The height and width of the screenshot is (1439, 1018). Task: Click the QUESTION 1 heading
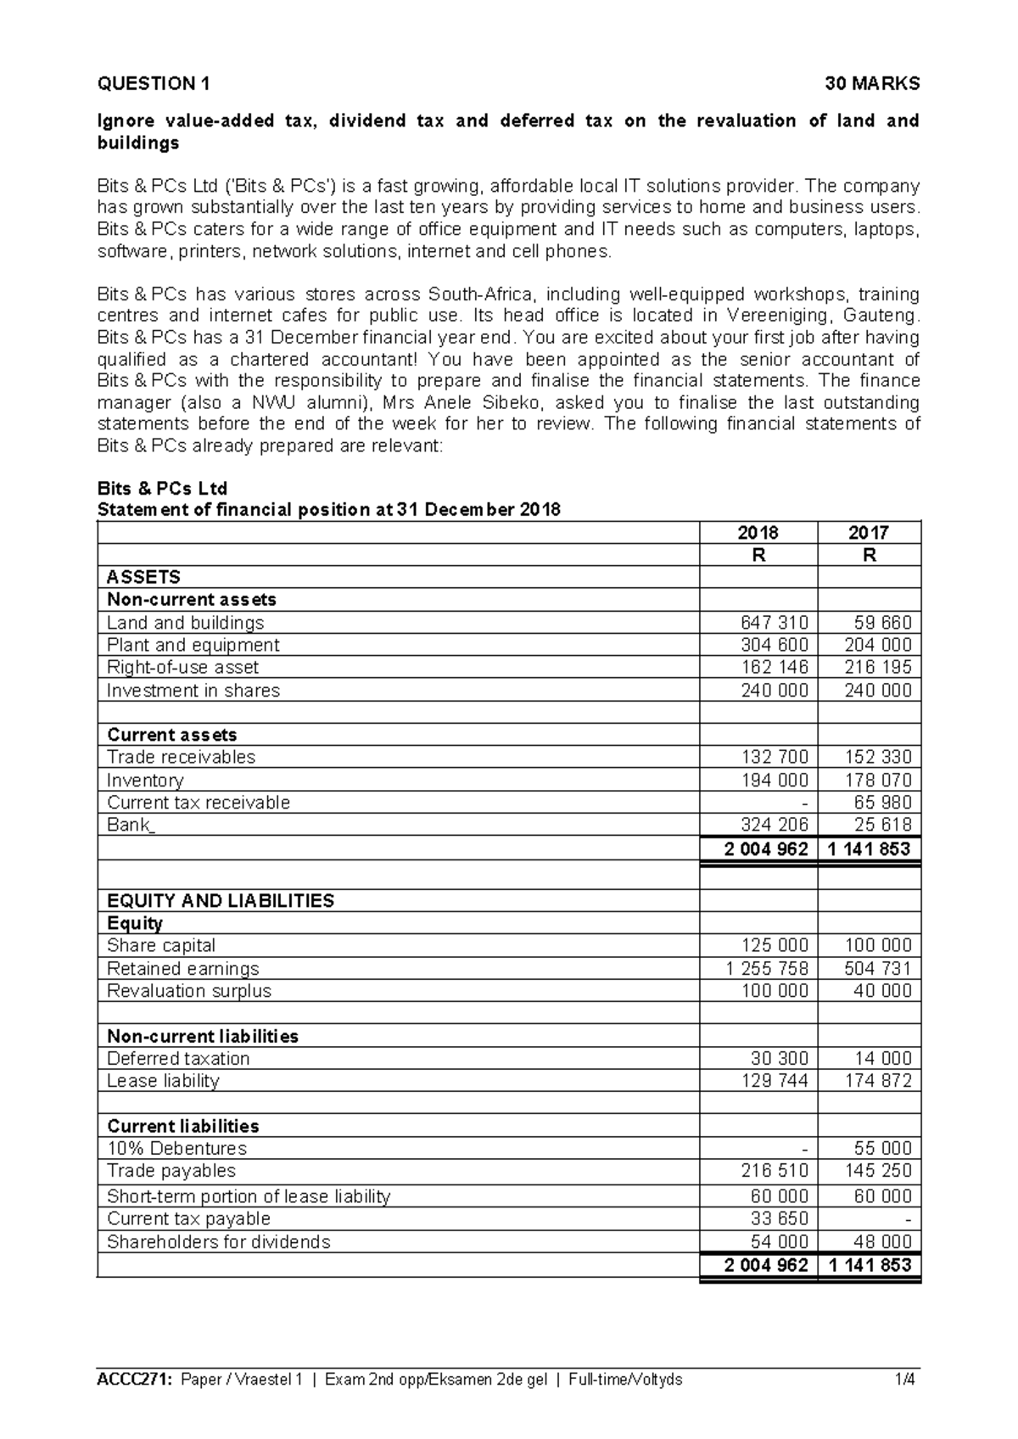pyautogui.click(x=154, y=83)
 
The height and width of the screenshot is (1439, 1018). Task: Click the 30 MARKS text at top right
pyautogui.click(x=873, y=83)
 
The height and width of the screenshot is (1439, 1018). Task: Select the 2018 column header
pyautogui.click(x=758, y=533)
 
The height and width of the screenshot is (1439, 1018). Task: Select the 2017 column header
pyautogui.click(x=869, y=533)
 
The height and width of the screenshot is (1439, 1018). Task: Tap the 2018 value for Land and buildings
pyautogui.click(x=774, y=623)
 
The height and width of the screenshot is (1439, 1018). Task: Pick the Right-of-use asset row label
pyautogui.click(x=182, y=668)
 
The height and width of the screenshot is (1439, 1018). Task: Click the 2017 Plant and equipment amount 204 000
pyautogui.click(x=878, y=645)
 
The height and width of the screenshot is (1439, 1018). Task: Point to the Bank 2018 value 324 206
pyautogui.click(x=774, y=825)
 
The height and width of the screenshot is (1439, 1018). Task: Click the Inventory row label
pyautogui.click(x=145, y=780)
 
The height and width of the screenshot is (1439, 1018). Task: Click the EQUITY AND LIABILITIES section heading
pyautogui.click(x=221, y=901)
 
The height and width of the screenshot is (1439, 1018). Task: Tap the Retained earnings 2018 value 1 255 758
pyautogui.click(x=767, y=968)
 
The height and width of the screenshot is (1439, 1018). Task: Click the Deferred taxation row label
pyautogui.click(x=178, y=1058)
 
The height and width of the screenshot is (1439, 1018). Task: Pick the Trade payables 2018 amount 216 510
pyautogui.click(x=774, y=1171)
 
